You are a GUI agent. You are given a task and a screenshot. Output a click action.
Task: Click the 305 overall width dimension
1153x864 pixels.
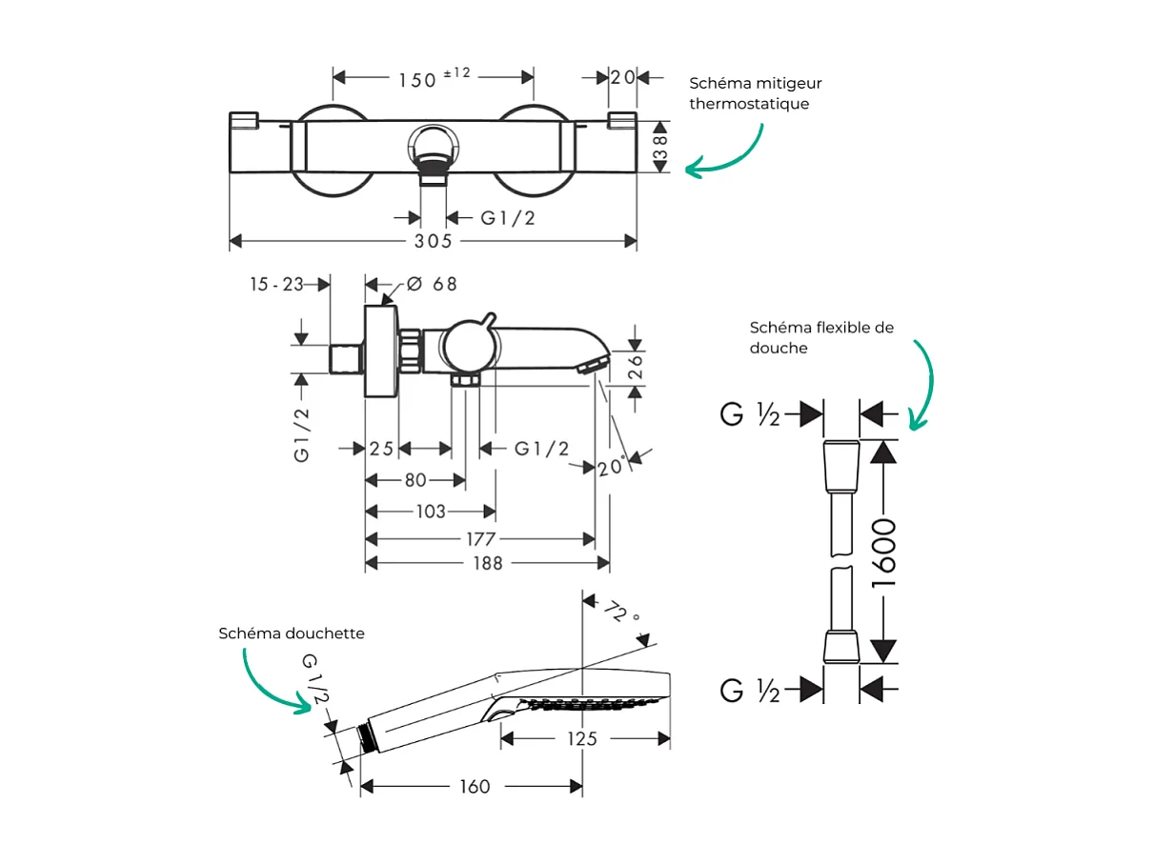click(x=433, y=242)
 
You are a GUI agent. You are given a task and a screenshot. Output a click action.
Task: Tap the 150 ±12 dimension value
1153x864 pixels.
click(x=434, y=78)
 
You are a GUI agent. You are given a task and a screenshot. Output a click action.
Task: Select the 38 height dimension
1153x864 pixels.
click(x=660, y=147)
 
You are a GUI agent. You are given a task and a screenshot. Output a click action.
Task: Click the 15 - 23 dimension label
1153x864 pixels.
click(x=276, y=284)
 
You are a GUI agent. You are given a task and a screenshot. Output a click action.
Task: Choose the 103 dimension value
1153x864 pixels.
click(x=431, y=512)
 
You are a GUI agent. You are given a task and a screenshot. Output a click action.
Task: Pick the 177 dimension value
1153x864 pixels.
click(x=480, y=539)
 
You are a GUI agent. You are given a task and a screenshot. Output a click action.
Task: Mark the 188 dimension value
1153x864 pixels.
click(x=487, y=563)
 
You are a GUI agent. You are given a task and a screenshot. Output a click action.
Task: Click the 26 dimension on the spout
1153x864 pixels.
click(x=637, y=367)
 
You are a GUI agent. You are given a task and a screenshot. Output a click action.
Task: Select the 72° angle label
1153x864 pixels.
click(x=621, y=613)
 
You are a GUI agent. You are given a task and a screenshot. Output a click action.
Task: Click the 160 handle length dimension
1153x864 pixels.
click(x=474, y=786)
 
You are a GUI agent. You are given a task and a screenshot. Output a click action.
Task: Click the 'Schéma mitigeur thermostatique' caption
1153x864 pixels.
click(x=755, y=93)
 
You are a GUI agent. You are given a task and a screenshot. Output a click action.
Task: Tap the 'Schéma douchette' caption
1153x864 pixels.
click(x=292, y=633)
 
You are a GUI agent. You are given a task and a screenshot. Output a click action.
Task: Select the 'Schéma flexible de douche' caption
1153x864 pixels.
click(x=821, y=337)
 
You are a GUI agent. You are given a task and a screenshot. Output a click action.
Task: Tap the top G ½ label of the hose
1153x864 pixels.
click(x=751, y=414)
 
